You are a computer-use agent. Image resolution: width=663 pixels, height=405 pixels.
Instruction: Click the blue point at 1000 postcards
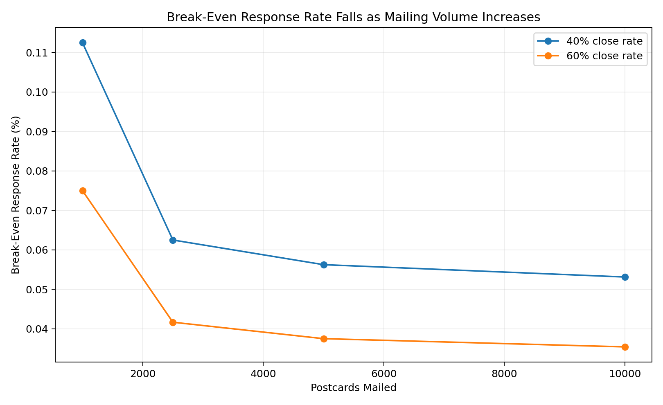tap(83, 43)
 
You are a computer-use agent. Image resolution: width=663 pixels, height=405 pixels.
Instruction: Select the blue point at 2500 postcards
tap(173, 240)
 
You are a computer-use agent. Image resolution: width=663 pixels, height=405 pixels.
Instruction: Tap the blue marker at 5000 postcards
tap(324, 265)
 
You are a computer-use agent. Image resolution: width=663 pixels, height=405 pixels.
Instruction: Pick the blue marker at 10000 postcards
tap(625, 277)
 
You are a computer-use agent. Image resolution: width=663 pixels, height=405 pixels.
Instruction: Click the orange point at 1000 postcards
tap(83, 191)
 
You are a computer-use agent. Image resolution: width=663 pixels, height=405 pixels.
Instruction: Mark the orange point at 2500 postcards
tap(173, 322)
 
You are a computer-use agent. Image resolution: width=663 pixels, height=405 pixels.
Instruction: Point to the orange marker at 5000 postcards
tap(324, 339)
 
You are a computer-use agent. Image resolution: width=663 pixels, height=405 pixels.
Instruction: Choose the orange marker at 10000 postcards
tap(625, 347)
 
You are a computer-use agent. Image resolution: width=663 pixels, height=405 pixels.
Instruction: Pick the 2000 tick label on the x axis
tap(143, 374)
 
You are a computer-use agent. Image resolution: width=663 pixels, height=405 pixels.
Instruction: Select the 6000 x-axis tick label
tap(383, 374)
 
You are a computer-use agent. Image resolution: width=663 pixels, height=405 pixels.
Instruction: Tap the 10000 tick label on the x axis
tap(625, 374)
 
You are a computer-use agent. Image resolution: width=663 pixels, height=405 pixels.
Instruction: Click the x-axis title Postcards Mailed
tap(354, 388)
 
